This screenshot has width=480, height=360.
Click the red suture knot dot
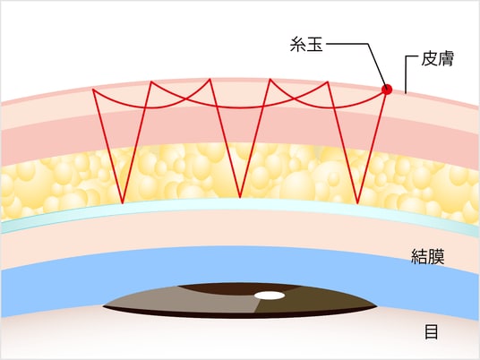click(x=387, y=90)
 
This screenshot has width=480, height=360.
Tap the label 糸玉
click(x=306, y=44)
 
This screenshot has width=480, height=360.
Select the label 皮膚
click(x=437, y=58)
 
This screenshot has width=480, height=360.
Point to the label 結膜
click(x=427, y=256)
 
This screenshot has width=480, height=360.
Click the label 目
click(x=432, y=331)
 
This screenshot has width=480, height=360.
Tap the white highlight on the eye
click(x=270, y=296)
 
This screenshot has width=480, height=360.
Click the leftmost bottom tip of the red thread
click(x=123, y=203)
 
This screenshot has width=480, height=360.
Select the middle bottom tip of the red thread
click(x=240, y=197)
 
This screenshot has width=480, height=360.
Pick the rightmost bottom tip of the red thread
click(x=357, y=203)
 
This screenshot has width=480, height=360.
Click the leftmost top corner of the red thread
click(x=93, y=90)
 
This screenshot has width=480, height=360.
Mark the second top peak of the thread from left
click(x=150, y=81)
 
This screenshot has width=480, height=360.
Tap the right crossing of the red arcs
click(x=294, y=99)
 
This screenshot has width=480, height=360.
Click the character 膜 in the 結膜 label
click(x=436, y=256)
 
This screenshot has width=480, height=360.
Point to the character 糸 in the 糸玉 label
click(x=298, y=44)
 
